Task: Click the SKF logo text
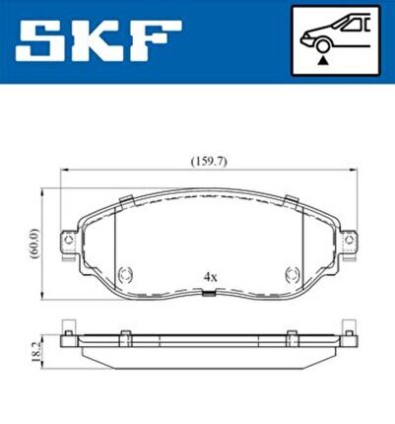tap(99, 41)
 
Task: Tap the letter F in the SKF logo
tap(156, 41)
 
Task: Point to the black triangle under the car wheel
tap(324, 60)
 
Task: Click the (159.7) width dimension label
tap(209, 162)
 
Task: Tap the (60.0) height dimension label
tap(34, 244)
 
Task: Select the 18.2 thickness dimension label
tap(36, 352)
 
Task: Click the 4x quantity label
tap(210, 277)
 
